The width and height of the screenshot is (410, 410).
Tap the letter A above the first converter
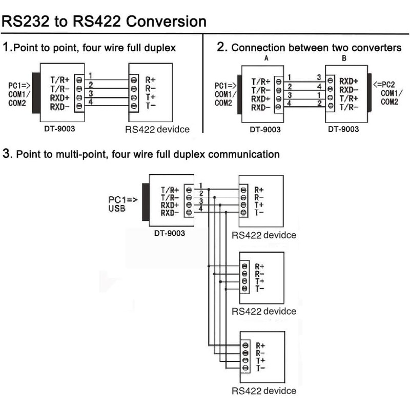pyautogui.click(x=265, y=58)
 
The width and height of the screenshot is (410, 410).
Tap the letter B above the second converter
pyautogui.click(x=344, y=58)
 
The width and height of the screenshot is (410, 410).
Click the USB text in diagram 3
pyautogui.click(x=117, y=209)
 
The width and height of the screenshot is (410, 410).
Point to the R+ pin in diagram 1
pyautogui.click(x=151, y=80)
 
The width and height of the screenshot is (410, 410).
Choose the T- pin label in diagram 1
pyautogui.click(x=150, y=106)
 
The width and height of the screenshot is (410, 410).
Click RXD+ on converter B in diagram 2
pyautogui.click(x=348, y=81)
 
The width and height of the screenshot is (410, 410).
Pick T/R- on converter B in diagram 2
pyautogui.click(x=348, y=107)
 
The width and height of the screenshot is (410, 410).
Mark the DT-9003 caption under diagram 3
pyautogui.click(x=170, y=233)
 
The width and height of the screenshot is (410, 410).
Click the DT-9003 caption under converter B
pyautogui.click(x=343, y=129)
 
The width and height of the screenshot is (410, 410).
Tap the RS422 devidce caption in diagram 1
pyautogui.click(x=157, y=129)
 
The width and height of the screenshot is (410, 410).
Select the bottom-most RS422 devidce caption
pyautogui.click(x=264, y=391)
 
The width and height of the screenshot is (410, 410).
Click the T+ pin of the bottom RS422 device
pyautogui.click(x=260, y=361)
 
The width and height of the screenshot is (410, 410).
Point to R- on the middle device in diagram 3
pyautogui.click(x=259, y=274)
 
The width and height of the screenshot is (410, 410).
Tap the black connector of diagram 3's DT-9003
pyautogui.click(x=146, y=201)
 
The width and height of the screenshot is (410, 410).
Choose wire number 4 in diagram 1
pyautogui.click(x=91, y=102)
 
